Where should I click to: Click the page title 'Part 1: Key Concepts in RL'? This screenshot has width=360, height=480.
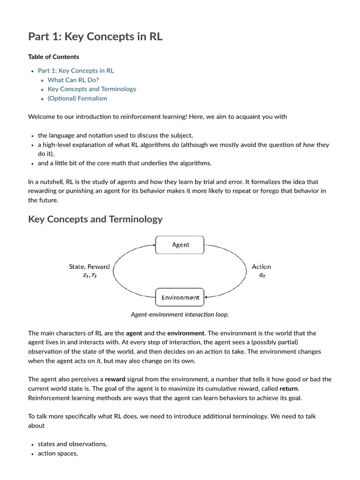[95, 37]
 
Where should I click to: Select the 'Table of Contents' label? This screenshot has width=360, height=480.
[53, 57]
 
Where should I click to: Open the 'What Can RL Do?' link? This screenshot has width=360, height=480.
[73, 80]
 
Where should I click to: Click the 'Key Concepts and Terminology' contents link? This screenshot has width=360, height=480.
[92, 89]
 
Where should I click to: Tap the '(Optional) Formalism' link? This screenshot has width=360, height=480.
[77, 98]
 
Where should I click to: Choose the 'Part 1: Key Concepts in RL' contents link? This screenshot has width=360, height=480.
[75, 70]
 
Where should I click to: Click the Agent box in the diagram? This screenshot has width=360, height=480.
[180, 245]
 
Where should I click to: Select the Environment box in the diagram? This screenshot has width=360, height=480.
[180, 297]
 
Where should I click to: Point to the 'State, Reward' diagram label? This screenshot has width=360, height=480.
[89, 266]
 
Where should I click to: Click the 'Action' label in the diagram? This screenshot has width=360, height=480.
[261, 266]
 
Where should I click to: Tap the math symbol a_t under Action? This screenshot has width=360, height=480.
[262, 275]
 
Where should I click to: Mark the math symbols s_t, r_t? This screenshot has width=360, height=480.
[90, 276]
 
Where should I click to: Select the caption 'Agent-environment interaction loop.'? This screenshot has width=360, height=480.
[180, 315]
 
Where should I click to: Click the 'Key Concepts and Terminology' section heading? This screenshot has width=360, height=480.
[95, 219]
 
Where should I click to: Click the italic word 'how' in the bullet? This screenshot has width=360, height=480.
[308, 145]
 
